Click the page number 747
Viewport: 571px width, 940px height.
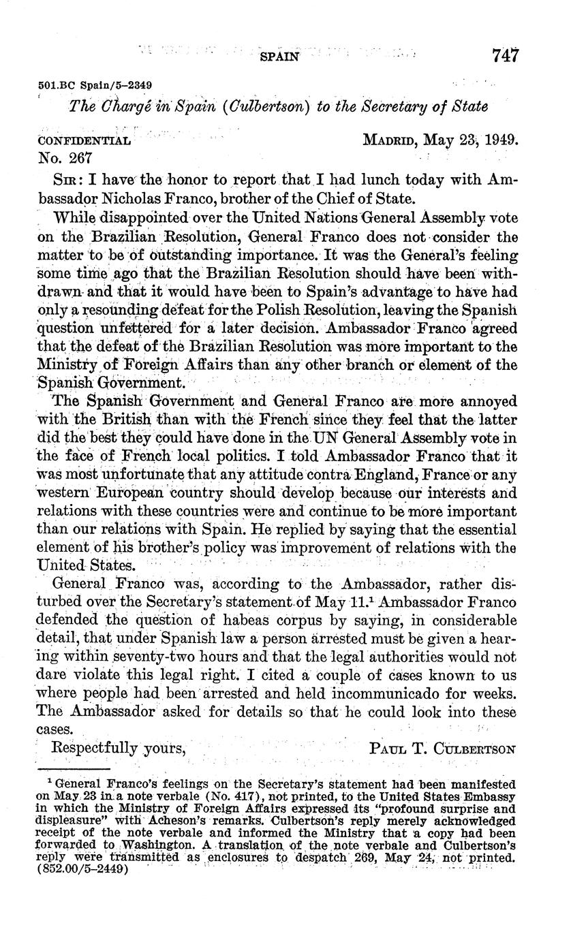(505, 56)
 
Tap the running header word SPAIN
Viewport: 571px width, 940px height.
(280, 57)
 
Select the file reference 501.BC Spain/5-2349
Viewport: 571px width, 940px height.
(93, 85)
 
